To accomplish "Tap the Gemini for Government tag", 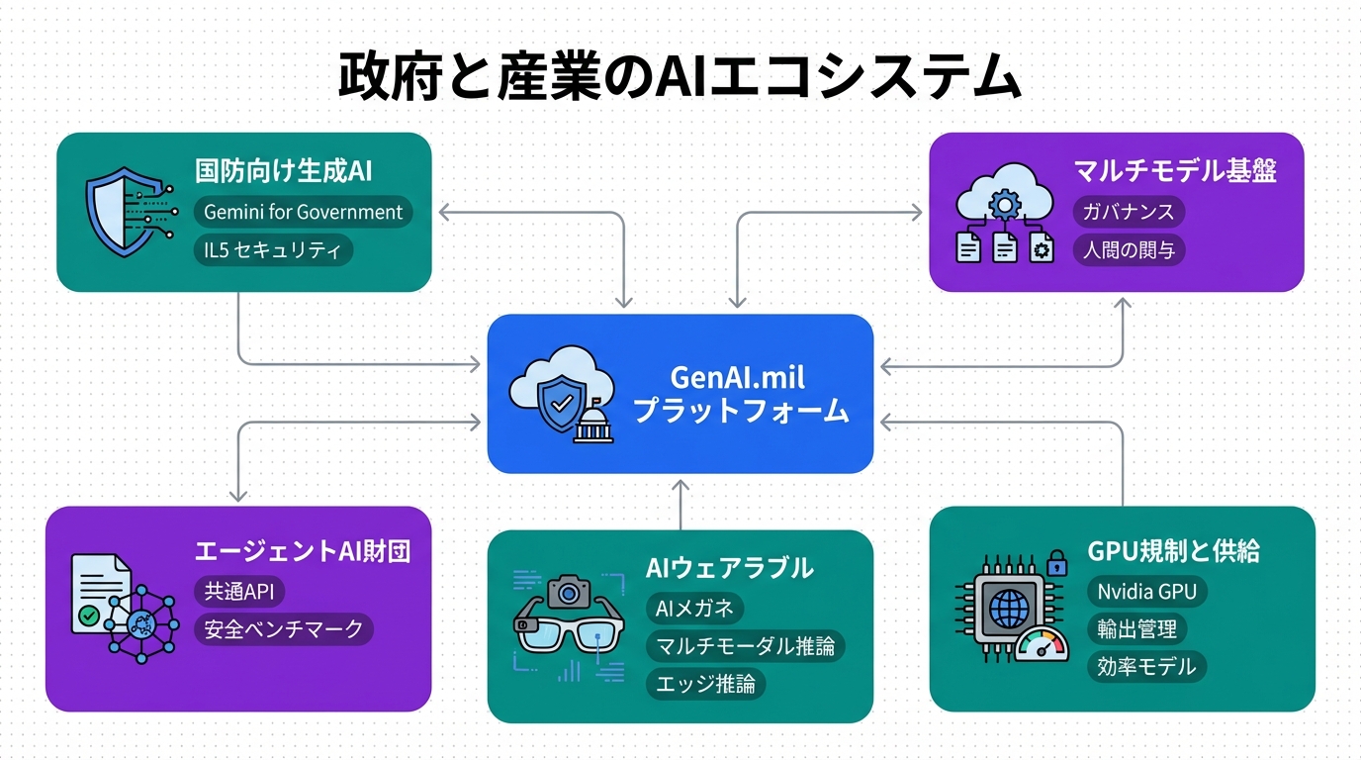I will coord(303,212).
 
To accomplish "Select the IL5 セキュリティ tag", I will coord(273,250).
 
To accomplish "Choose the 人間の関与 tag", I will coord(1129,249).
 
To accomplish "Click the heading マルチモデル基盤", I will coord(1175,171).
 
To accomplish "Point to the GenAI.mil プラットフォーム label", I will coord(740,394).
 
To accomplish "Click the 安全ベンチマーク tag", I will coord(284,628).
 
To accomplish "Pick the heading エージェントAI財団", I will coord(303,551).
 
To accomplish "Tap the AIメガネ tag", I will coord(695,609).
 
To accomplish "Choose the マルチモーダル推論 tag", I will coord(746,646).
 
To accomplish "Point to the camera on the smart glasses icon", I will coord(569,591).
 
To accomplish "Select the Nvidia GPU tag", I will coord(1147,592).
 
